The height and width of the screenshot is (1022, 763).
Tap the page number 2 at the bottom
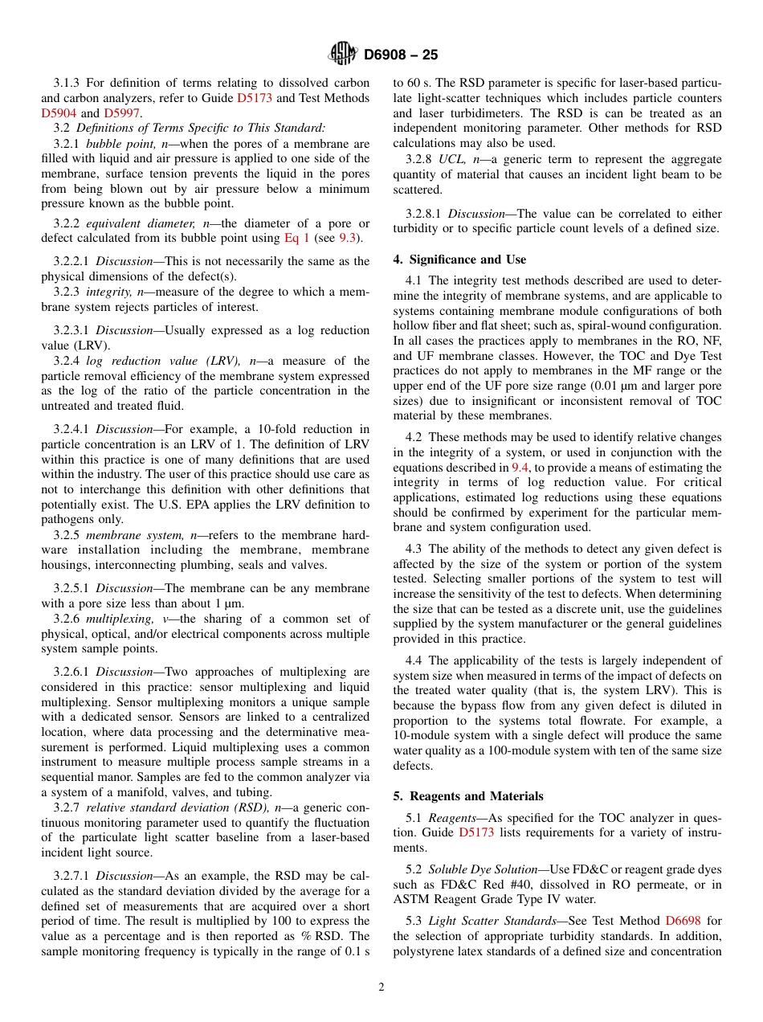[381, 987]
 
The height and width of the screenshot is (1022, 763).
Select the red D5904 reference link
[59, 113]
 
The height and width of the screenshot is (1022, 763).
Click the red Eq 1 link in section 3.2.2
[296, 238]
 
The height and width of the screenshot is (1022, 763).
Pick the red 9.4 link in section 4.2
[520, 468]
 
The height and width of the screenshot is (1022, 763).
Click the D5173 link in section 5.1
[479, 833]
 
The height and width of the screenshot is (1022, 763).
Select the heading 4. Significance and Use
[459, 260]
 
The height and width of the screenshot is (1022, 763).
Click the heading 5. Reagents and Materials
[468, 796]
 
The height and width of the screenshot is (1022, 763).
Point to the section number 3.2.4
[68, 361]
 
